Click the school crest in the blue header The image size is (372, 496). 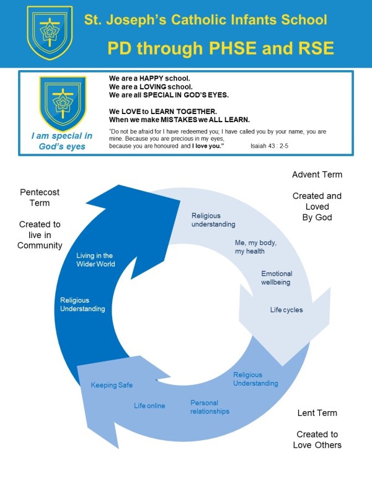coord(50,33)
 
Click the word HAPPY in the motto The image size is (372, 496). coord(151,79)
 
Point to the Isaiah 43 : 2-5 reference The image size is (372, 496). coord(269,146)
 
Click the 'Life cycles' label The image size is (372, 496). coord(286,310)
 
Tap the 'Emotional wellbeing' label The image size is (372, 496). coord(277,278)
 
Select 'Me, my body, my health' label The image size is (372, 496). coord(255,247)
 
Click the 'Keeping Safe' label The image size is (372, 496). coord(112,385)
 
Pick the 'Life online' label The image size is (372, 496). coord(149,405)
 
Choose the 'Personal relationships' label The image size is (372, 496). coord(210,407)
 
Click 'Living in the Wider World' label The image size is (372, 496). coord(95,260)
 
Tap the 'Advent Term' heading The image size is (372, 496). coord(317,175)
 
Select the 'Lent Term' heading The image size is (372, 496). coord(317,413)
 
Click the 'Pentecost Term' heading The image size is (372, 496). coord(40,197)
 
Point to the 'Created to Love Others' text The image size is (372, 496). coord(317,440)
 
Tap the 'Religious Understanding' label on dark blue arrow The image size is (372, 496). coord(82,304)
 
